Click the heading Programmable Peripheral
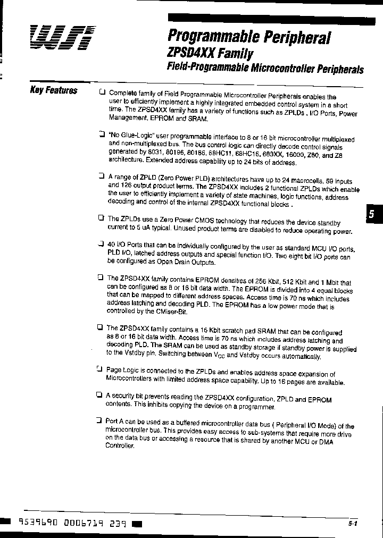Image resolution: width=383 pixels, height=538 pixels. [x=249, y=37]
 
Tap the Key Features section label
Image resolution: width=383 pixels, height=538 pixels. [x=54, y=90]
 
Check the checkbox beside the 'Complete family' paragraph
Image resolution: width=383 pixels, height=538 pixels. [x=102, y=92]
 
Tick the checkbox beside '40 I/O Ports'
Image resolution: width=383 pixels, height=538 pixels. [x=101, y=244]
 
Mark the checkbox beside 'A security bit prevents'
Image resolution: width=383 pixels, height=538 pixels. [x=99, y=395]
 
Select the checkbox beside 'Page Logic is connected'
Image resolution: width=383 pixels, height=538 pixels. [x=99, y=368]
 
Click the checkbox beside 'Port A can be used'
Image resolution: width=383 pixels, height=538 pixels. [x=99, y=421]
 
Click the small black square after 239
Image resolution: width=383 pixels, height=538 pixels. [x=137, y=524]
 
